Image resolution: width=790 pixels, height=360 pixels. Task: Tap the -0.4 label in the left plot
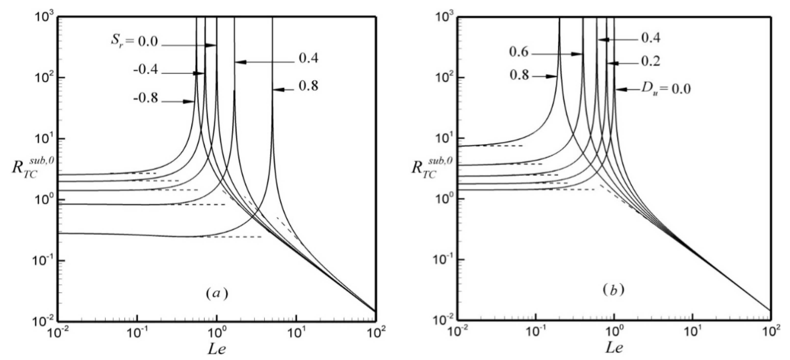146,70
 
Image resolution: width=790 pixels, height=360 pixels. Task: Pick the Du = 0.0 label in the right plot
665,89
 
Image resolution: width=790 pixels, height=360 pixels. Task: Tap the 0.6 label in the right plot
519,52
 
